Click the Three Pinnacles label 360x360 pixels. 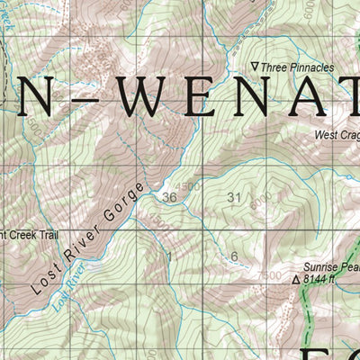tap(299, 67)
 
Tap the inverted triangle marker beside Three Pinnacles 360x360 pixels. tap(255, 67)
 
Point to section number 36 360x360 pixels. tap(169, 197)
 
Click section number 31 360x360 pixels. tap(236, 197)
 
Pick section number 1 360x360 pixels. tap(168, 256)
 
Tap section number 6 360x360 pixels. tap(234, 256)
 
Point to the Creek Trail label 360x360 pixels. tap(27, 234)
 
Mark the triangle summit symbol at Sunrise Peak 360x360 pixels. tap(295, 281)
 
